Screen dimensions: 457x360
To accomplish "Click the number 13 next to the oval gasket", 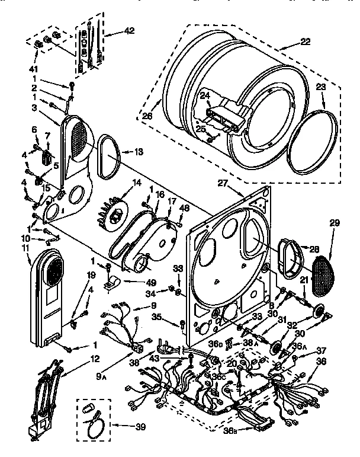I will click(138, 152).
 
